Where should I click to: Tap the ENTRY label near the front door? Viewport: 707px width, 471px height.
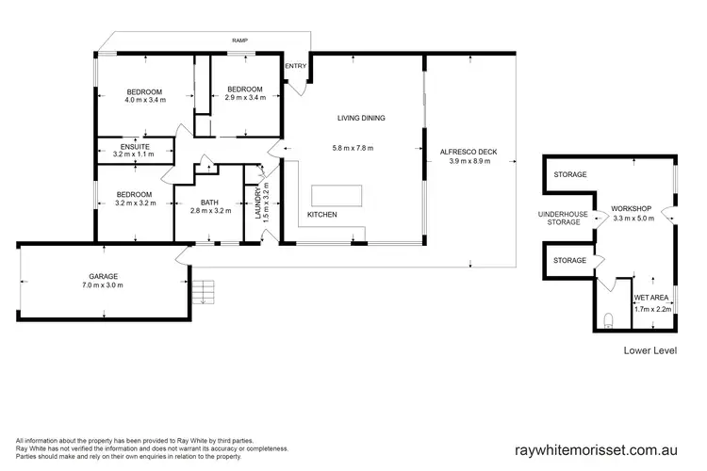(x=295, y=66)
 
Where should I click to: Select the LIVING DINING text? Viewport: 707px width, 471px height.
(x=362, y=118)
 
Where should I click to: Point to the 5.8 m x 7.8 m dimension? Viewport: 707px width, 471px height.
(x=360, y=148)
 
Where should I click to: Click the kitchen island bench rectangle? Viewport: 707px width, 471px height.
(x=337, y=194)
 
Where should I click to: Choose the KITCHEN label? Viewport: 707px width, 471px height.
(x=322, y=215)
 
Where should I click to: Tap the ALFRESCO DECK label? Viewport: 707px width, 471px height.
(x=473, y=151)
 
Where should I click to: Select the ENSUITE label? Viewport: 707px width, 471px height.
(x=135, y=146)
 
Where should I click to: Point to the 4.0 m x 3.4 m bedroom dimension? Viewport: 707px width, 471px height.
(x=146, y=99)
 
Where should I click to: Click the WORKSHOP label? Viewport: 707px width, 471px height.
(x=630, y=207)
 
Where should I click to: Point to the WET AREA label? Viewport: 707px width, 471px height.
(x=652, y=298)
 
